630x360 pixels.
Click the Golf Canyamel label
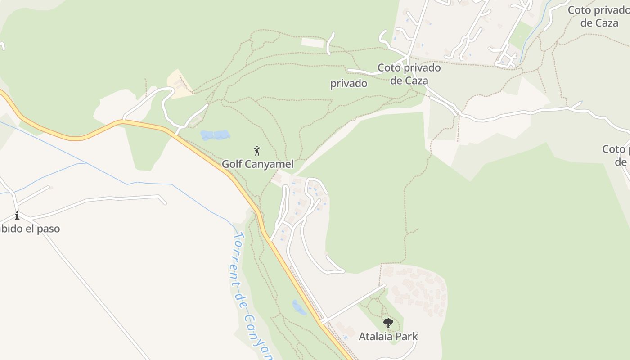[x=257, y=164]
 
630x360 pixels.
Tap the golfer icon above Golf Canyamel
[x=257, y=151]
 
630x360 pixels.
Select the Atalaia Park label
[x=388, y=336]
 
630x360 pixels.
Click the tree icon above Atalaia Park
[x=388, y=323]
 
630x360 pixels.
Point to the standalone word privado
[x=349, y=84]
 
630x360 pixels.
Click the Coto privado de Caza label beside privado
[x=409, y=74]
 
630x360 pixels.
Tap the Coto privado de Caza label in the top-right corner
[x=598, y=16]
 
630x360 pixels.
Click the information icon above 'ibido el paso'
[x=17, y=216]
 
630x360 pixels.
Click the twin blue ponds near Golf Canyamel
[x=215, y=135]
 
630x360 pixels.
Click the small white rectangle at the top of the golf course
[x=312, y=43]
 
